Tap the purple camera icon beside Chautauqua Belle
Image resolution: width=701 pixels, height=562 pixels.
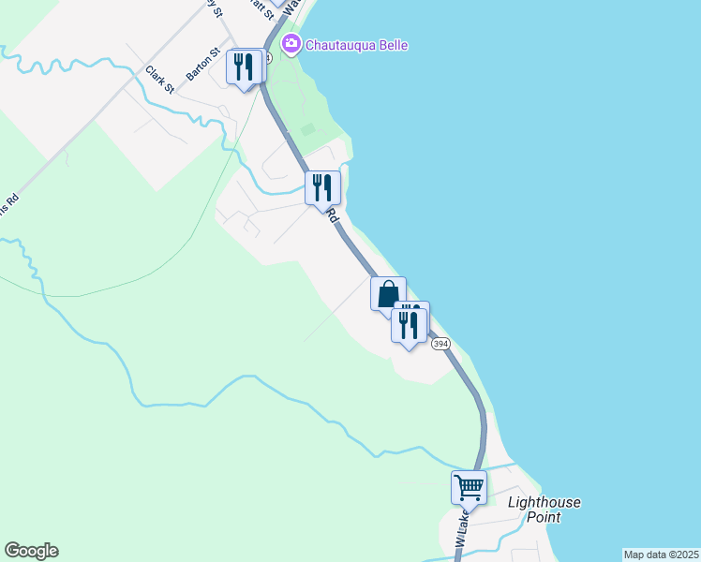tap(291, 44)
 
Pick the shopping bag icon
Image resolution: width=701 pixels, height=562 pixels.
tap(388, 294)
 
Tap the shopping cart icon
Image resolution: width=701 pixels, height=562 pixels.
tap(469, 486)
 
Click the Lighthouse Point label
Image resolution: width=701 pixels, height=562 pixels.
tap(544, 510)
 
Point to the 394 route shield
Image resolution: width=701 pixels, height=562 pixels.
tap(441, 344)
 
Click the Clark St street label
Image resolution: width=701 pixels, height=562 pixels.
tap(159, 79)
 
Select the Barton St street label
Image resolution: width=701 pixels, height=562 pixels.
tap(201, 64)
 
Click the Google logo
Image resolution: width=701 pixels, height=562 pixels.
tap(31, 551)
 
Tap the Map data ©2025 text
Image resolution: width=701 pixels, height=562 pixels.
tap(661, 555)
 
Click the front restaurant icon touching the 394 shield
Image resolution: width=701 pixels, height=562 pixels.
tap(408, 325)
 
